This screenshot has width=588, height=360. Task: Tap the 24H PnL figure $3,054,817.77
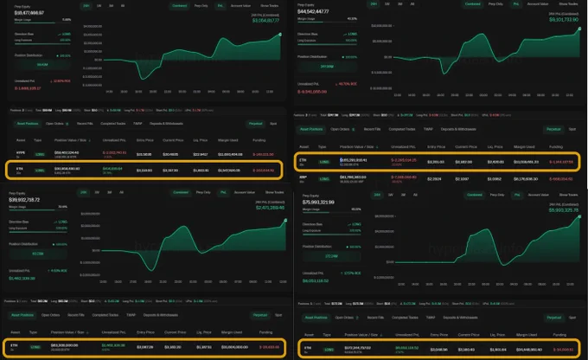[x=265, y=20]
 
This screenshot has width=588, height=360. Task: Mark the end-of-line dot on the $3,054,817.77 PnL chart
[x=280, y=34]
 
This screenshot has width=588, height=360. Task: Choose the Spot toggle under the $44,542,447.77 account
[x=572, y=128]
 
